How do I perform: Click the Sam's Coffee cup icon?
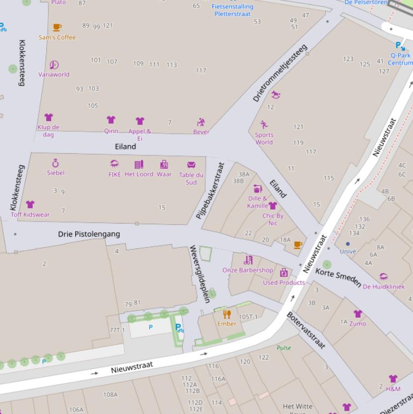tap(57, 27)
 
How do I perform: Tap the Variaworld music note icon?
tap(54, 65)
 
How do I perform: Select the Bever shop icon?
tap(201, 122)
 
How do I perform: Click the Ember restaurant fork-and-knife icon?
tap(227, 314)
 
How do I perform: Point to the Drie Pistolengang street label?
tap(89, 234)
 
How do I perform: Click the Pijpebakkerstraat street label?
tap(209, 190)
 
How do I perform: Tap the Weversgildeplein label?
tap(199, 273)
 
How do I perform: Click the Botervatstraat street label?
tap(306, 330)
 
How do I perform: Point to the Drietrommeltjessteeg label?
tap(280, 74)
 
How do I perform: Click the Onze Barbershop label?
tap(248, 270)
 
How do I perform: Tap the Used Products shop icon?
tap(284, 273)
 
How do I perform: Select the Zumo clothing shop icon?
tap(358, 314)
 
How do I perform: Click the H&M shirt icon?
tap(393, 380)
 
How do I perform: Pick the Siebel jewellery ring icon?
tap(55, 163)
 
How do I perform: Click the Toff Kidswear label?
tap(30, 215)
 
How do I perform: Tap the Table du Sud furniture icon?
tap(191, 165)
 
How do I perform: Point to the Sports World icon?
tap(264, 125)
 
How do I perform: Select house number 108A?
tap(110, 395)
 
